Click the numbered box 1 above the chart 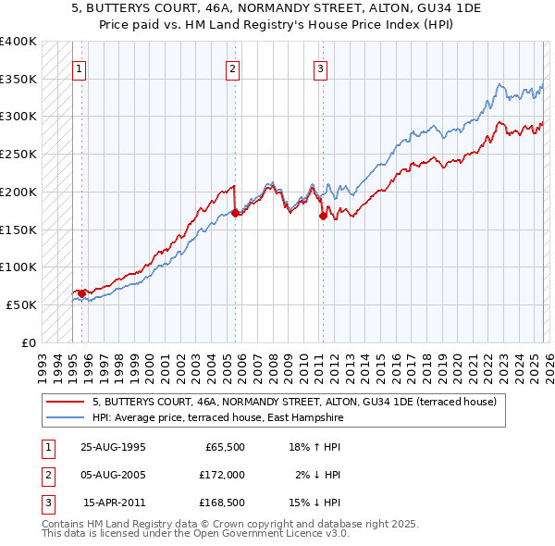tap(80, 68)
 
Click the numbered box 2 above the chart tap(233, 68)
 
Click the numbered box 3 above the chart tap(320, 68)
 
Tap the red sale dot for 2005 tap(235, 213)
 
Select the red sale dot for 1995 tap(82, 293)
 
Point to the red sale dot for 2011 tap(323, 216)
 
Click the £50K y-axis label tap(21, 304)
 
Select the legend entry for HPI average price tap(217, 418)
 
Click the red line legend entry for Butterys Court tap(294, 402)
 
